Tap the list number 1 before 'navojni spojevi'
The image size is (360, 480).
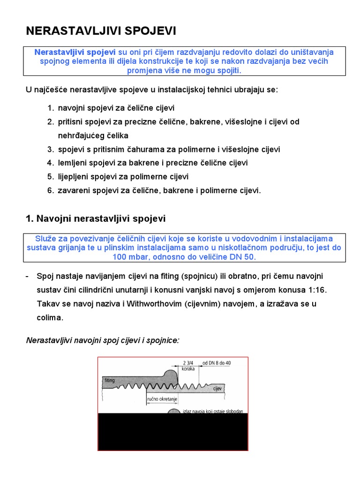(x=50, y=108)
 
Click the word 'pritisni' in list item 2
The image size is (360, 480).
(x=70, y=122)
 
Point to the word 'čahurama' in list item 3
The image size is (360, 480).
(x=129, y=150)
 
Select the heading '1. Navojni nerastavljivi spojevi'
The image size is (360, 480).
(x=95, y=219)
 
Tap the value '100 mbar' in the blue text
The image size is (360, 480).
(x=128, y=257)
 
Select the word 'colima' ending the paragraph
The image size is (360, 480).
(x=49, y=317)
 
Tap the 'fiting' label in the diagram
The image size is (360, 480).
(x=110, y=380)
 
